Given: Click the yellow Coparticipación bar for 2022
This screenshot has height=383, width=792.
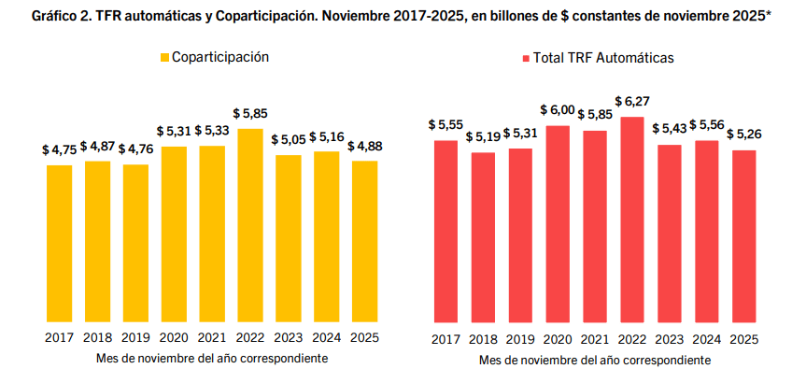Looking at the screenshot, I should pos(250,224).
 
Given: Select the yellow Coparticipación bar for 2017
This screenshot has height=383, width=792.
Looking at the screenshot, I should pos(59,243).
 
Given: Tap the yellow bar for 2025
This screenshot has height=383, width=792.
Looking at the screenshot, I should pos(364,241).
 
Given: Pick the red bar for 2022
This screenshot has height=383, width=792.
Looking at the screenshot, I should pos(632,219).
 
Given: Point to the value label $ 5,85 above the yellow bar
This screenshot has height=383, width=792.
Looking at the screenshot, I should pos(250,114).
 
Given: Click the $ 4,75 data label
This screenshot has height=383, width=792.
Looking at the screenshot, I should pos(59,149).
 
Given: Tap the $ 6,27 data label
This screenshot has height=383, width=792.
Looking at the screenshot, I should pos(633,100).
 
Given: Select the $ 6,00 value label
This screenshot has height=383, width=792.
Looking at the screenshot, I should pos(558,108).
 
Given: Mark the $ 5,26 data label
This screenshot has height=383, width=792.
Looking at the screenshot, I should pos(744,134).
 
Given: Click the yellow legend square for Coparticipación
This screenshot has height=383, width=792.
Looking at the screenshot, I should pos(164,58).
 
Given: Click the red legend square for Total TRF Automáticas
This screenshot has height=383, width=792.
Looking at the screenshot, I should pos(524,58).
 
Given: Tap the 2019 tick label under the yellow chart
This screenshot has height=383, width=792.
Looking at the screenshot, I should pos(135,338).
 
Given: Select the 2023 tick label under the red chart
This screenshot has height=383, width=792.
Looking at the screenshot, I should pos(670,339).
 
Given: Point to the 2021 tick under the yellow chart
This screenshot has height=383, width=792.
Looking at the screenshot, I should pos(212,338).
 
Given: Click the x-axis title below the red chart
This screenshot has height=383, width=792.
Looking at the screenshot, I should pos(595,360).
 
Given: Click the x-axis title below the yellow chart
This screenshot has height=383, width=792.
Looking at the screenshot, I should pos(212,358).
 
